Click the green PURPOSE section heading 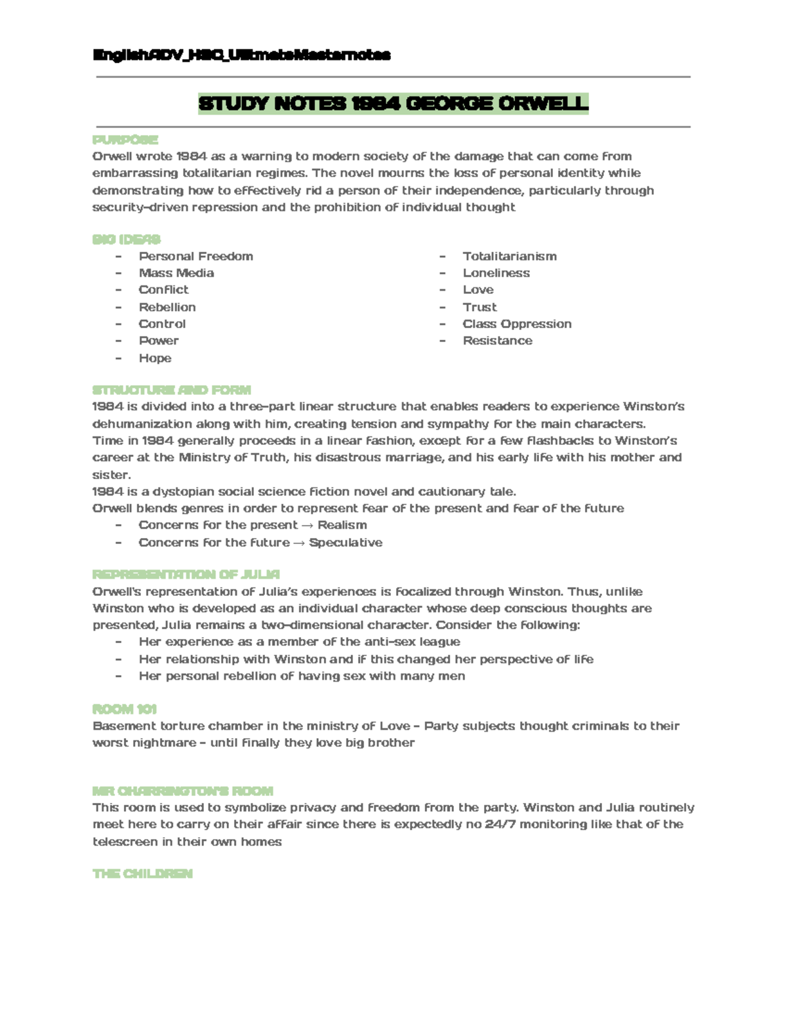click(125, 140)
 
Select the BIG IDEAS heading click(127, 239)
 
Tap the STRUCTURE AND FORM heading click(172, 390)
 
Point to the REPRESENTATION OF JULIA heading click(186, 575)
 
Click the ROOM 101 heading click(125, 709)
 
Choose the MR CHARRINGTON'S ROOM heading click(183, 791)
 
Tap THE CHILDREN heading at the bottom click(142, 874)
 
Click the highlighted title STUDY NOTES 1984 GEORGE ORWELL click(393, 104)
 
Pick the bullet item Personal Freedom click(195, 257)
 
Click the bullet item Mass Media click(176, 273)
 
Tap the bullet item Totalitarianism click(510, 257)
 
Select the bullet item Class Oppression click(517, 324)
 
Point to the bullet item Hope click(155, 358)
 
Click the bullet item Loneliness click(496, 273)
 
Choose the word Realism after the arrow click(342, 526)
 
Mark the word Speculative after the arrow click(346, 543)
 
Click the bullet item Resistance click(497, 341)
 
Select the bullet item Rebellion click(167, 307)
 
